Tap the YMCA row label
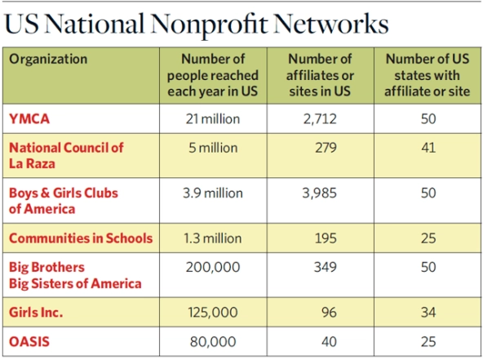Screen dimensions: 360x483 click(29, 118)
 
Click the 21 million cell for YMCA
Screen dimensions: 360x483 click(213, 119)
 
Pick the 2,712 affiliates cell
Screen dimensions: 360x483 click(321, 119)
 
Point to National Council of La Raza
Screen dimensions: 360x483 click(66, 155)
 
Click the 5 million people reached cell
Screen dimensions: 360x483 click(213, 149)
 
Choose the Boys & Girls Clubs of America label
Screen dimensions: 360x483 click(64, 201)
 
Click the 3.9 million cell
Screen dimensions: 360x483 click(213, 193)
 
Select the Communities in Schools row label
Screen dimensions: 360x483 click(81, 238)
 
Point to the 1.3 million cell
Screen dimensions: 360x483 click(213, 238)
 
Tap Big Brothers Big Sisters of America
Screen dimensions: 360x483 click(75, 275)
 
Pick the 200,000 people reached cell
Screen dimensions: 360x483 click(213, 268)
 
